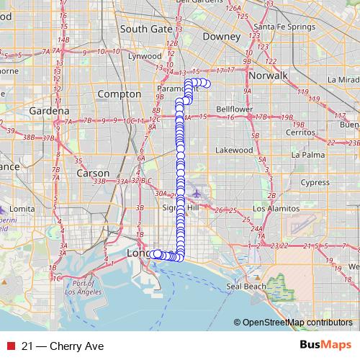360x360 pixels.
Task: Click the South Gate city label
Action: pyautogui.click(x=146, y=29)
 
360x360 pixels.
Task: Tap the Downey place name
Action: pyautogui.click(x=221, y=36)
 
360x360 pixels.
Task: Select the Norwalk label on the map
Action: pyautogui.click(x=267, y=76)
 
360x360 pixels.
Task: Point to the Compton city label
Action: pyautogui.click(x=119, y=94)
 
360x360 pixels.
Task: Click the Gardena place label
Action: pyautogui.click(x=49, y=111)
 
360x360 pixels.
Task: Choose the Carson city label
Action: pyautogui.click(x=93, y=174)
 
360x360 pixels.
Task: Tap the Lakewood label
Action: pyautogui.click(x=235, y=150)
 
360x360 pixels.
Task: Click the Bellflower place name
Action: pyautogui.click(x=235, y=109)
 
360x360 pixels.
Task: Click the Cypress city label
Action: pyautogui.click(x=315, y=182)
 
